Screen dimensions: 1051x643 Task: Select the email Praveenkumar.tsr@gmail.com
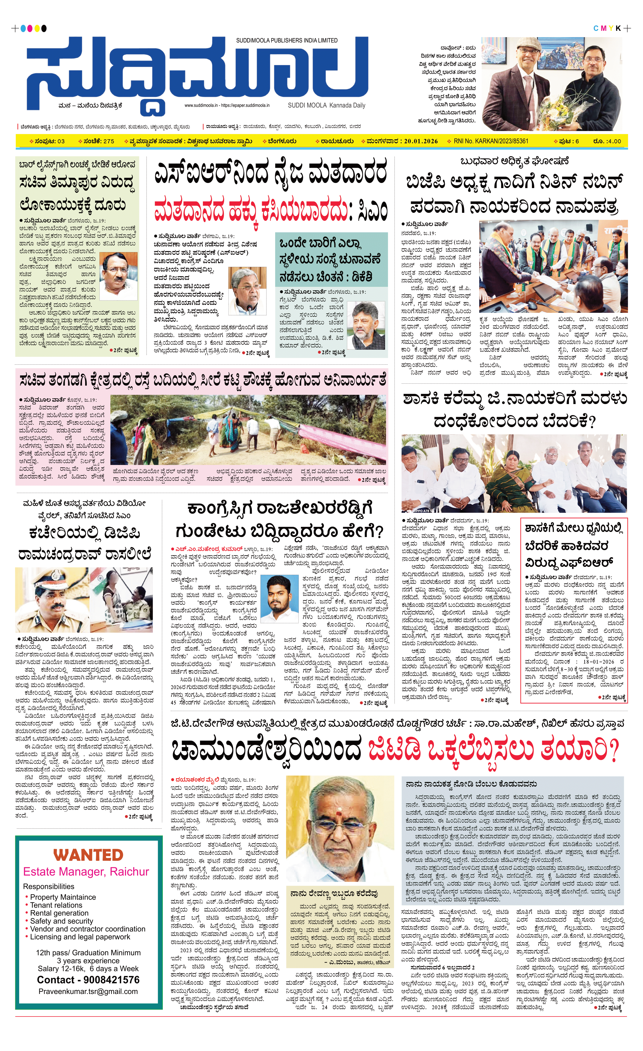point(88,991)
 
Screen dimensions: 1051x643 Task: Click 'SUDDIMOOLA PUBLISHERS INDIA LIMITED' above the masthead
point(287,41)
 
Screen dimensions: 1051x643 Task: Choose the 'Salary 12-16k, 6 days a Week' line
point(88,968)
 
